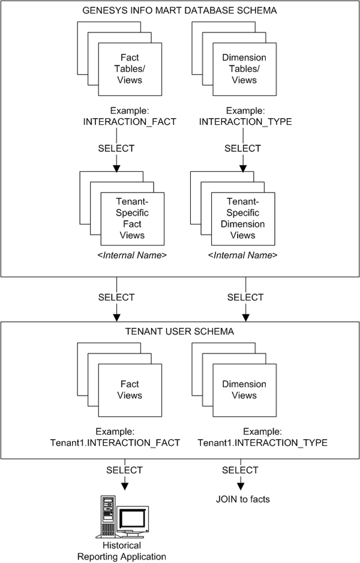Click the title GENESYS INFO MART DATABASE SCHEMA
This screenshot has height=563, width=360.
pyautogui.click(x=180, y=11)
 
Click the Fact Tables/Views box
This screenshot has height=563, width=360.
pyautogui.click(x=130, y=68)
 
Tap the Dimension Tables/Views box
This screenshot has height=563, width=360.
pyautogui.click(x=244, y=68)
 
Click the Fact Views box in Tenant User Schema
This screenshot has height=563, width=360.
pyautogui.click(x=130, y=390)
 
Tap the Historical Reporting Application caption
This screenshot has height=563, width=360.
pyautogui.click(x=122, y=551)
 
